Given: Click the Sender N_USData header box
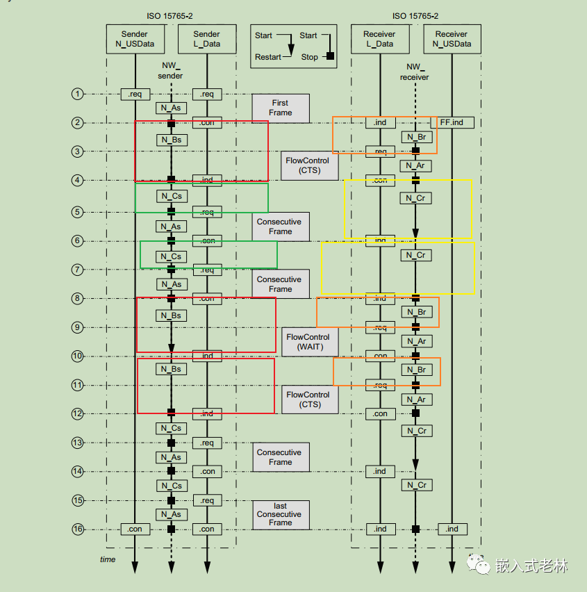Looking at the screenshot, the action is tap(135, 39).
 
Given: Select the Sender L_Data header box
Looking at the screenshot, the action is tap(207, 39).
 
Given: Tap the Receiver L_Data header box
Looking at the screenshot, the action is tap(380, 39).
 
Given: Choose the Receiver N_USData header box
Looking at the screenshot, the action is tap(452, 39).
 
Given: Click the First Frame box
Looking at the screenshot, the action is tap(281, 108).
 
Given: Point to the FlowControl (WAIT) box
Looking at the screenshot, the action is tap(310, 342).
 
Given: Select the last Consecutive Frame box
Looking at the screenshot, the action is tap(281, 515).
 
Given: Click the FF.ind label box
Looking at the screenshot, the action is tap(452, 122).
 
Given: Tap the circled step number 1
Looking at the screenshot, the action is tap(77, 94).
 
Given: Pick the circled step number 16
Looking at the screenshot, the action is tap(78, 529).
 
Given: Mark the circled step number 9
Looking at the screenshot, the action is tap(77, 327).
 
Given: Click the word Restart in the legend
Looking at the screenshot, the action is tap(267, 57).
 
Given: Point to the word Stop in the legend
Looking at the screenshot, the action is tap(310, 57).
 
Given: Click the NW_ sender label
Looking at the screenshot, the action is tap(170, 71).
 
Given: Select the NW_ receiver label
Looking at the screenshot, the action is tap(415, 72).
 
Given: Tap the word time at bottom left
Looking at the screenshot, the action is tap(108, 559).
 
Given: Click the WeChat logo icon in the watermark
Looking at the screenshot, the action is tap(478, 564).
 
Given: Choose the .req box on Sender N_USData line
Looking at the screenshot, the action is tap(135, 94).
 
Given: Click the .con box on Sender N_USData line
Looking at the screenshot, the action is tap(135, 529).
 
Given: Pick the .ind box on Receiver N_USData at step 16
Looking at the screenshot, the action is tap(452, 529).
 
